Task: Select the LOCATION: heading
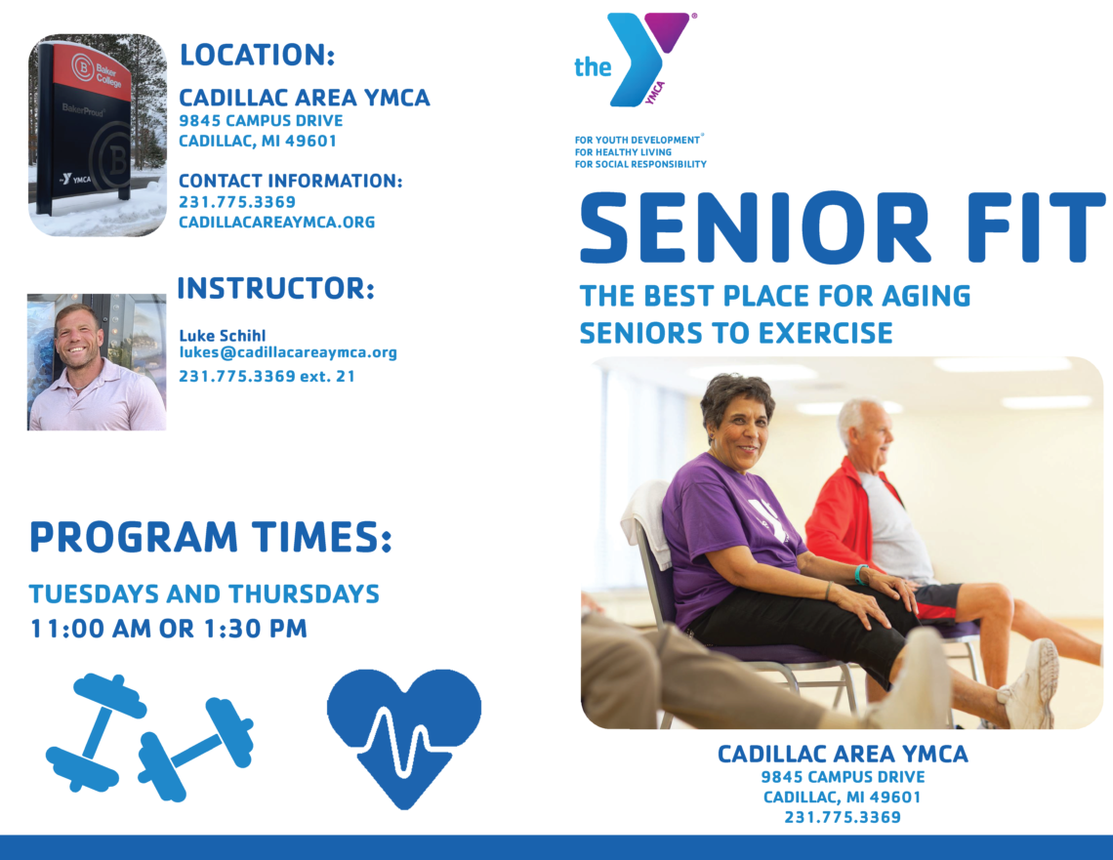click(x=257, y=55)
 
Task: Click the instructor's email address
click(x=287, y=352)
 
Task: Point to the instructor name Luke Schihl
click(x=223, y=336)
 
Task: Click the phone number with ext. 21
click(x=267, y=376)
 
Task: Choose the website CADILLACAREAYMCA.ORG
click(x=277, y=223)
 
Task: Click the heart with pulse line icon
click(x=404, y=738)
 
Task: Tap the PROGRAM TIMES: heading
click(x=210, y=537)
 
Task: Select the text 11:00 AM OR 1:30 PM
click(x=168, y=629)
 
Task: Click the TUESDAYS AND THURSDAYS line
click(x=204, y=594)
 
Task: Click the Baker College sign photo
click(x=98, y=135)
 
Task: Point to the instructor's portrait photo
click(x=97, y=362)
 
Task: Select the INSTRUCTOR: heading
click(x=275, y=288)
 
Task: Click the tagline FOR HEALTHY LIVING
click(x=623, y=152)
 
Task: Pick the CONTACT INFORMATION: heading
click(x=290, y=181)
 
